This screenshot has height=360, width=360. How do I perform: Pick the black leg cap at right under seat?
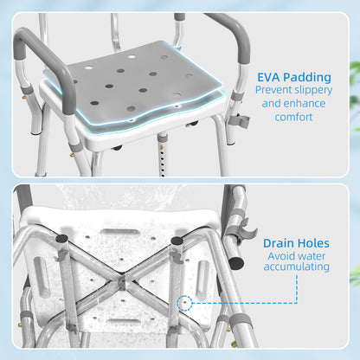pyautogui.click(x=177, y=243)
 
